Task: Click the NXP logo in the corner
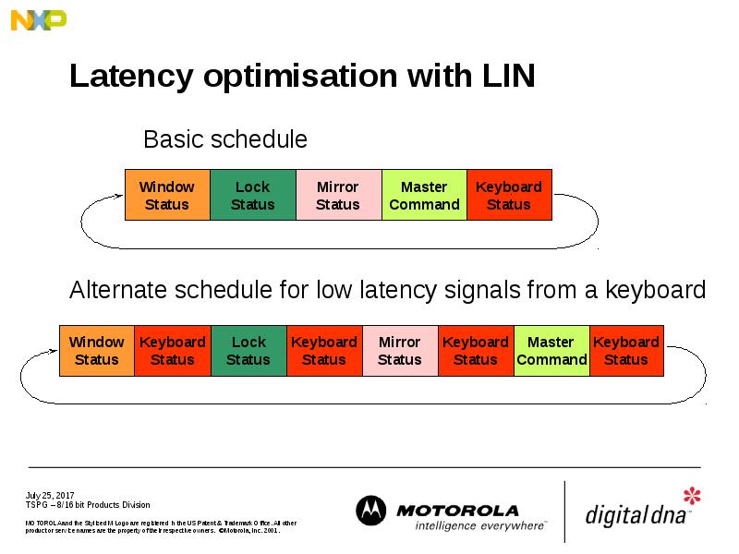click(39, 18)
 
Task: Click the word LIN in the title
click(509, 77)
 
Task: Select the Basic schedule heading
click(224, 139)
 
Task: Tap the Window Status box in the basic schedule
click(167, 195)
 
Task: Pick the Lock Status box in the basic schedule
click(252, 195)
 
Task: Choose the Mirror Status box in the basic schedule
click(338, 195)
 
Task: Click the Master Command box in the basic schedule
click(424, 195)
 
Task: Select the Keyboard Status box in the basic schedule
click(509, 195)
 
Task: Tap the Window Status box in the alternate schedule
click(97, 351)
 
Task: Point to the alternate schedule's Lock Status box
click(248, 351)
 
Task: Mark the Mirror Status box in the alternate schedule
click(400, 351)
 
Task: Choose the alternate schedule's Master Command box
click(551, 351)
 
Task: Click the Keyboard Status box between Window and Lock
click(173, 351)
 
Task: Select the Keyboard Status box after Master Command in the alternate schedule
click(626, 351)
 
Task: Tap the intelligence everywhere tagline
click(479, 525)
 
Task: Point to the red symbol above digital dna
click(691, 497)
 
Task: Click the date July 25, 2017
click(50, 496)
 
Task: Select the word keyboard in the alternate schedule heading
click(655, 291)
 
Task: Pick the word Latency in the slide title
click(132, 77)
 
